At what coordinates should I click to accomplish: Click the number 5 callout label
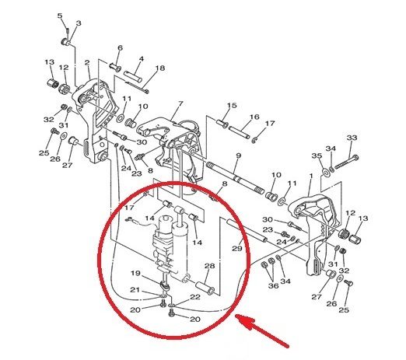pyautogui.click(x=60, y=16)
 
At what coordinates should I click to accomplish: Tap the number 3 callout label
pyautogui.click(x=79, y=23)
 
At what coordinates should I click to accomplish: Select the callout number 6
pyautogui.click(x=120, y=48)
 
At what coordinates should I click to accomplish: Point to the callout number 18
pyautogui.click(x=160, y=68)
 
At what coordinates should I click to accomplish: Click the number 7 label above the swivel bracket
pyautogui.click(x=180, y=104)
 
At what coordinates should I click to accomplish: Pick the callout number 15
pyautogui.click(x=232, y=106)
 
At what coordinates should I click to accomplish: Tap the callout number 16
pyautogui.click(x=254, y=117)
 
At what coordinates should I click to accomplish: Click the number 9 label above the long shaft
pyautogui.click(x=239, y=156)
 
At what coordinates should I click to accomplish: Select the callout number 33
pyautogui.click(x=352, y=138)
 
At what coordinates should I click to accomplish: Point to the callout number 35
pyautogui.click(x=317, y=156)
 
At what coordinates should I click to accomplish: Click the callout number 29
pyautogui.click(x=237, y=249)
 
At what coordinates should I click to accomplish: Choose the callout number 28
pyautogui.click(x=210, y=266)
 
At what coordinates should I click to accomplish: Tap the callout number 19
pyautogui.click(x=135, y=273)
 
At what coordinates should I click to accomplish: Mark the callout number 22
pyautogui.click(x=195, y=297)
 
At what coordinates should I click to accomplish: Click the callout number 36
pyautogui.click(x=273, y=285)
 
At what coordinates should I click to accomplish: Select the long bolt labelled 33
pyautogui.click(x=347, y=162)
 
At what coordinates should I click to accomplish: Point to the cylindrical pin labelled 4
pyautogui.click(x=133, y=77)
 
